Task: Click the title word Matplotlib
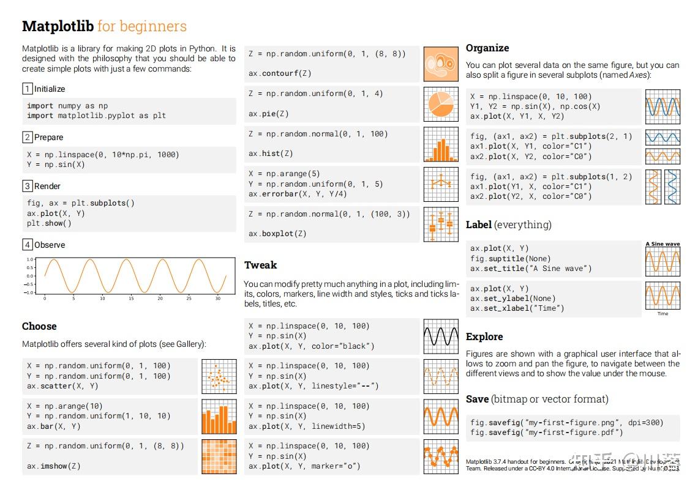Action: point(58,26)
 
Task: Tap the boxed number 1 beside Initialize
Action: point(27,89)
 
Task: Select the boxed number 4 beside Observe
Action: point(27,245)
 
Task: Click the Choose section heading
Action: point(39,326)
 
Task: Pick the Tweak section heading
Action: point(260,265)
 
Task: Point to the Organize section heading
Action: point(487,48)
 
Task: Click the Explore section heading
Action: point(484,336)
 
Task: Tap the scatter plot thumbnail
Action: point(219,376)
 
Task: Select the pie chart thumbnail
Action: point(441,104)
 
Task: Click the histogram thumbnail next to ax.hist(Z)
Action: point(441,144)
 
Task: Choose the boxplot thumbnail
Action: point(441,224)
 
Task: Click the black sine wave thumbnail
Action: point(441,336)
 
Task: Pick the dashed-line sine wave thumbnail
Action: point(441,376)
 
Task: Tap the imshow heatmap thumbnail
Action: point(219,456)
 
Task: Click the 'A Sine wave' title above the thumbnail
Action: point(662,244)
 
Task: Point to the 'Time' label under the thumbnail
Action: point(662,313)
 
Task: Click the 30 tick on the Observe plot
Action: point(218,299)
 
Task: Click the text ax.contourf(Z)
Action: point(280,73)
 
